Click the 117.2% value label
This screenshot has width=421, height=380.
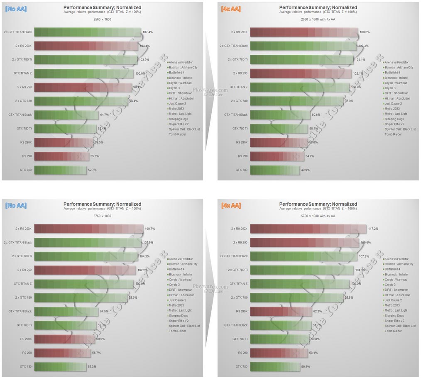click(373, 229)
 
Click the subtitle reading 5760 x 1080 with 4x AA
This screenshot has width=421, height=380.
click(318, 216)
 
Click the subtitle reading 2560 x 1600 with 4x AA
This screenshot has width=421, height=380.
click(318, 19)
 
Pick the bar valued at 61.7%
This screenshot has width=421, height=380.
click(281, 325)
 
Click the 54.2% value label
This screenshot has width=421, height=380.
click(310, 156)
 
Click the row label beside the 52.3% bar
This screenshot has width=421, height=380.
click(26, 367)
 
